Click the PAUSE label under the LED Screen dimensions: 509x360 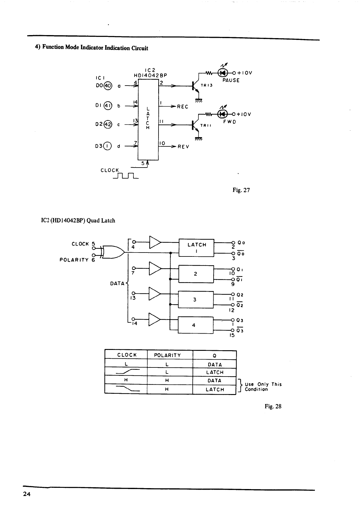(231, 80)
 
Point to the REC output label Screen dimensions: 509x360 (182, 107)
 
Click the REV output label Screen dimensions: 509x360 (183, 147)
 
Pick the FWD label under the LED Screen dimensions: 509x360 (230, 122)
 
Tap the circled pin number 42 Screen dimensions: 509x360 (108, 124)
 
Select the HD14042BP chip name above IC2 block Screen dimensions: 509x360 (150, 75)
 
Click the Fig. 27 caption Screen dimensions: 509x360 (241, 190)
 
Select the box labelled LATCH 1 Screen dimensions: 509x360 (197, 247)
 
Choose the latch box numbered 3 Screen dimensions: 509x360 (196, 299)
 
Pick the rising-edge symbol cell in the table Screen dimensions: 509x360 (126, 372)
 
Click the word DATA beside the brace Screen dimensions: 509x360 (117, 283)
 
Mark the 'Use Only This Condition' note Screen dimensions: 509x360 (263, 387)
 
